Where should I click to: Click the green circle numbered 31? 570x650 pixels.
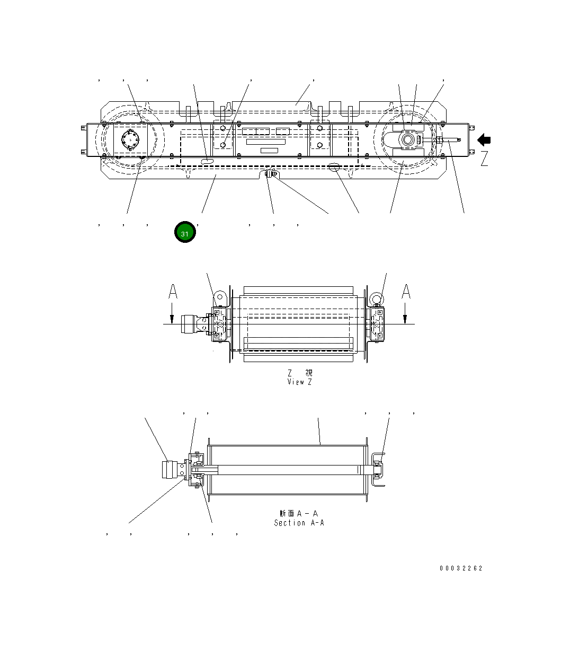185,233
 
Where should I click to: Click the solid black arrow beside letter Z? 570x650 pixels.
484,140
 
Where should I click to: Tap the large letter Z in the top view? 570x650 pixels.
484,159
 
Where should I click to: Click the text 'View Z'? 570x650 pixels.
299,382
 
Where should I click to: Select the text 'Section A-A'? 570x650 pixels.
299,523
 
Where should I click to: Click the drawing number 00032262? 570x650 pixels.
461,568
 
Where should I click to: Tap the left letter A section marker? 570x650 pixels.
173,292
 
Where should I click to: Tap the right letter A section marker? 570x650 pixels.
406,292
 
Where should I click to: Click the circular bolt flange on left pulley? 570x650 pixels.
129,140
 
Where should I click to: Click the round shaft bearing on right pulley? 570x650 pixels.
408,140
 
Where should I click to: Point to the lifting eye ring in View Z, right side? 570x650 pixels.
376,298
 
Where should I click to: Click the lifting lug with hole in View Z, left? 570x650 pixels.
220,297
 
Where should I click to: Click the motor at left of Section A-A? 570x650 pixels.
170,470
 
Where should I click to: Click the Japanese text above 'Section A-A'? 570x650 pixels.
299,513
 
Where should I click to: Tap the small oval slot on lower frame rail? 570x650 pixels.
209,160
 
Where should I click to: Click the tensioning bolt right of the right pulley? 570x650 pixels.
448,140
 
